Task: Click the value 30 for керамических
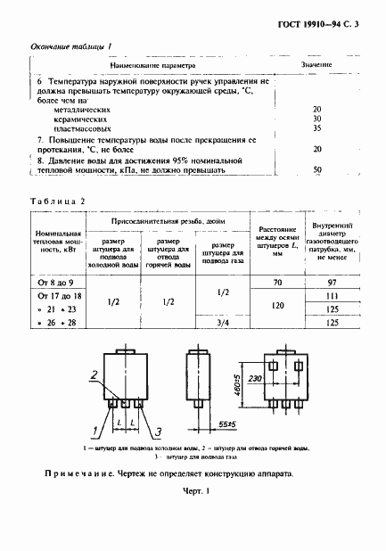click(x=317, y=118)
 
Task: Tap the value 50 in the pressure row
click(x=317, y=169)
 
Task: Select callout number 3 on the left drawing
click(x=157, y=432)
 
